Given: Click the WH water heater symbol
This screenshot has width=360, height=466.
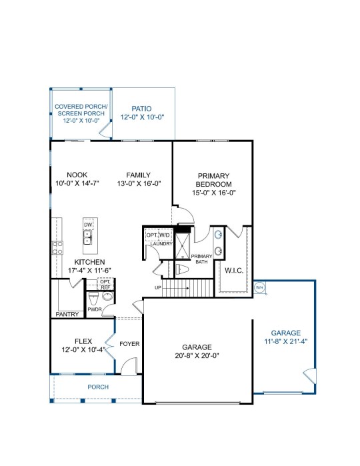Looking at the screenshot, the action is click(x=259, y=288).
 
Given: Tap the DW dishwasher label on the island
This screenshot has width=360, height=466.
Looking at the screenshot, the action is click(x=88, y=225).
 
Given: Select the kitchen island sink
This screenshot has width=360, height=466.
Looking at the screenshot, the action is click(x=88, y=237).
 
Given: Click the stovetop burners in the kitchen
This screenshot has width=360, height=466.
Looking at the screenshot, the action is click(x=57, y=247).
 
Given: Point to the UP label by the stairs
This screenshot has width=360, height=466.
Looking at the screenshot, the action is click(x=158, y=288).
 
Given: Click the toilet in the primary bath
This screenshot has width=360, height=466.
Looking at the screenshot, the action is click(x=183, y=269).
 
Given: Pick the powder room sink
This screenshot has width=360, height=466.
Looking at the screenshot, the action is click(x=107, y=296).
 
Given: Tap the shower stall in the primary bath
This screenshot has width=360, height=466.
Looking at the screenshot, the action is click(x=182, y=247).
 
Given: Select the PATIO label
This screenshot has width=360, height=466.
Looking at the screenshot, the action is click(x=141, y=109).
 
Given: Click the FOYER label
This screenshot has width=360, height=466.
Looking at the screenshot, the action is click(x=129, y=344).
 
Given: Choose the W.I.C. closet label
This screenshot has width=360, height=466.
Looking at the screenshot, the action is click(x=234, y=271).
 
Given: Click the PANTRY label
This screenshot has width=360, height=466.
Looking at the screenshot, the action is click(x=67, y=314).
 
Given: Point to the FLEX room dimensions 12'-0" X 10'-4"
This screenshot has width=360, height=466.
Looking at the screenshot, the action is click(x=83, y=350).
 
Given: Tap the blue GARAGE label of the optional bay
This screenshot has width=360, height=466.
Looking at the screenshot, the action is click(x=286, y=333).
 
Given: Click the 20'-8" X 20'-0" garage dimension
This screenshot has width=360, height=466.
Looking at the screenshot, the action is click(x=197, y=355).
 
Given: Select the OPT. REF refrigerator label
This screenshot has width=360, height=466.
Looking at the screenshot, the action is click(x=105, y=285).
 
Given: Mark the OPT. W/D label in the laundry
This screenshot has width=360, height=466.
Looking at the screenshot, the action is click(x=158, y=235).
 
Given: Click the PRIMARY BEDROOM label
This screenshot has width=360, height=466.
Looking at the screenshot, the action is click(x=213, y=180).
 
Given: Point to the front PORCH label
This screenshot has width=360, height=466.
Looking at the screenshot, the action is click(x=98, y=387).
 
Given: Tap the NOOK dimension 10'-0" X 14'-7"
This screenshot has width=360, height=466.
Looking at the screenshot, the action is click(x=77, y=183).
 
